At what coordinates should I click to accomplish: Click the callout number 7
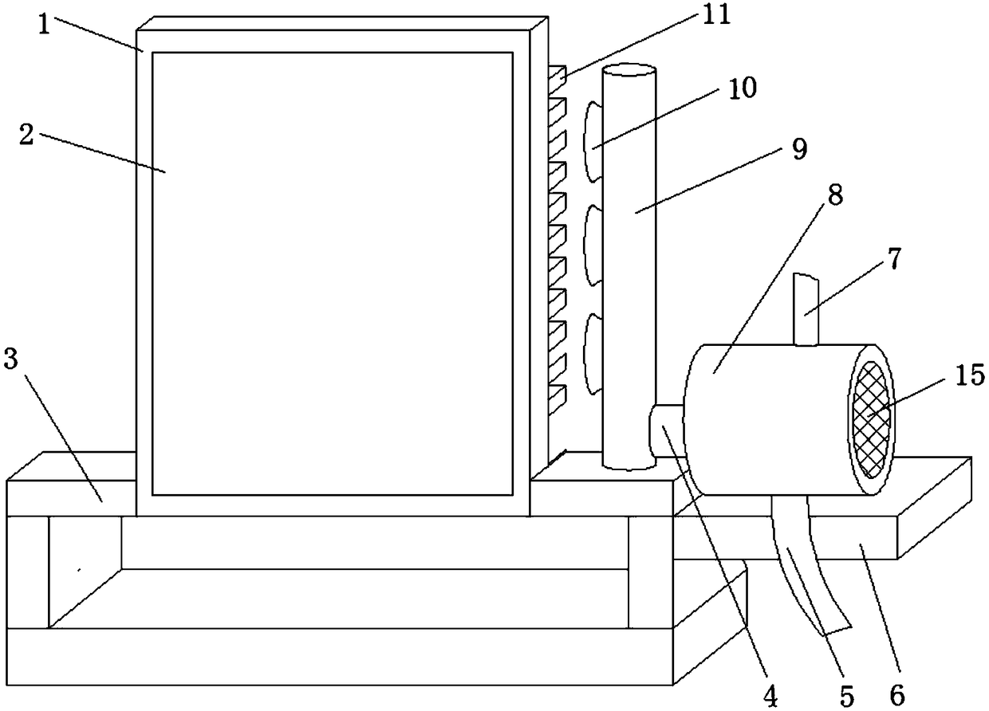(895, 261)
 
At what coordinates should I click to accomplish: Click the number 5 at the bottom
(847, 695)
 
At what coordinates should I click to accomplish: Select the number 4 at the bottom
(770, 695)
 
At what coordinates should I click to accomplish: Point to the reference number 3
(10, 359)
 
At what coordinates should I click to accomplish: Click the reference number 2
(26, 134)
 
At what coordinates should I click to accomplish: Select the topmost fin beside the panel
(557, 76)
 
